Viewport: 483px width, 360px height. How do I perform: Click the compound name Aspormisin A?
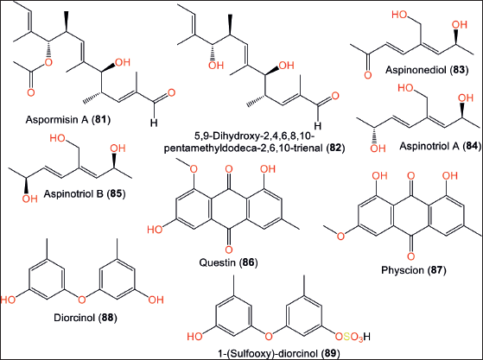[57, 119]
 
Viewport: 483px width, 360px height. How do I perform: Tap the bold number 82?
[335, 148]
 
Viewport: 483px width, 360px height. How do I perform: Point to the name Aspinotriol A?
[429, 146]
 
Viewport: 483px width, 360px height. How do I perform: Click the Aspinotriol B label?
[73, 193]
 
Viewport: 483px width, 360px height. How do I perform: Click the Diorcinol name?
[74, 317]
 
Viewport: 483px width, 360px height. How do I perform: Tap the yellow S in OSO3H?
[346, 337]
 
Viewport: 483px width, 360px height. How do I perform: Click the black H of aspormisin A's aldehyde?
[154, 123]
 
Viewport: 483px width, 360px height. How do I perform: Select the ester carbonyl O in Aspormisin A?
[31, 92]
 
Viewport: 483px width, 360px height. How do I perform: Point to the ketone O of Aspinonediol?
[367, 75]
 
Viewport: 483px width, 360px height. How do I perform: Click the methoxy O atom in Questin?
[194, 168]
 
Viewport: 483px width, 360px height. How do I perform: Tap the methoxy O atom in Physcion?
[340, 236]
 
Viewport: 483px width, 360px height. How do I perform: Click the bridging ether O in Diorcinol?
[81, 299]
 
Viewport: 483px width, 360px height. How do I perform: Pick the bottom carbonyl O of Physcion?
[410, 256]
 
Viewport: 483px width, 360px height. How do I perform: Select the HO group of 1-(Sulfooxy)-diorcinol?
[194, 337]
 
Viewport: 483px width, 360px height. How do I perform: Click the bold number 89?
[330, 354]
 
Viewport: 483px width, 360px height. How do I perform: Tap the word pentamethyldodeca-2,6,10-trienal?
[245, 148]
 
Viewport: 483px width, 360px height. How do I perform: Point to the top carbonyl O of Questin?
[229, 169]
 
